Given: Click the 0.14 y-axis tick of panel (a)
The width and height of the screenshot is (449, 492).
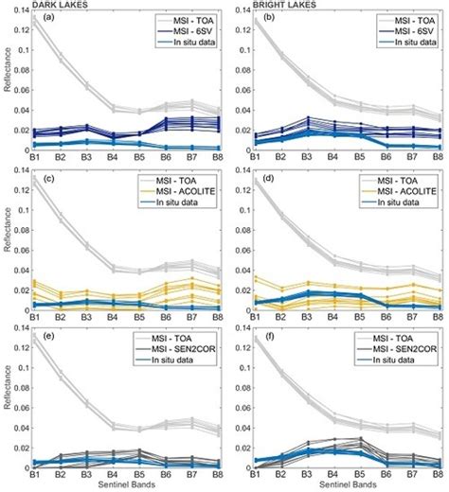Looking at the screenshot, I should [20, 10].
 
